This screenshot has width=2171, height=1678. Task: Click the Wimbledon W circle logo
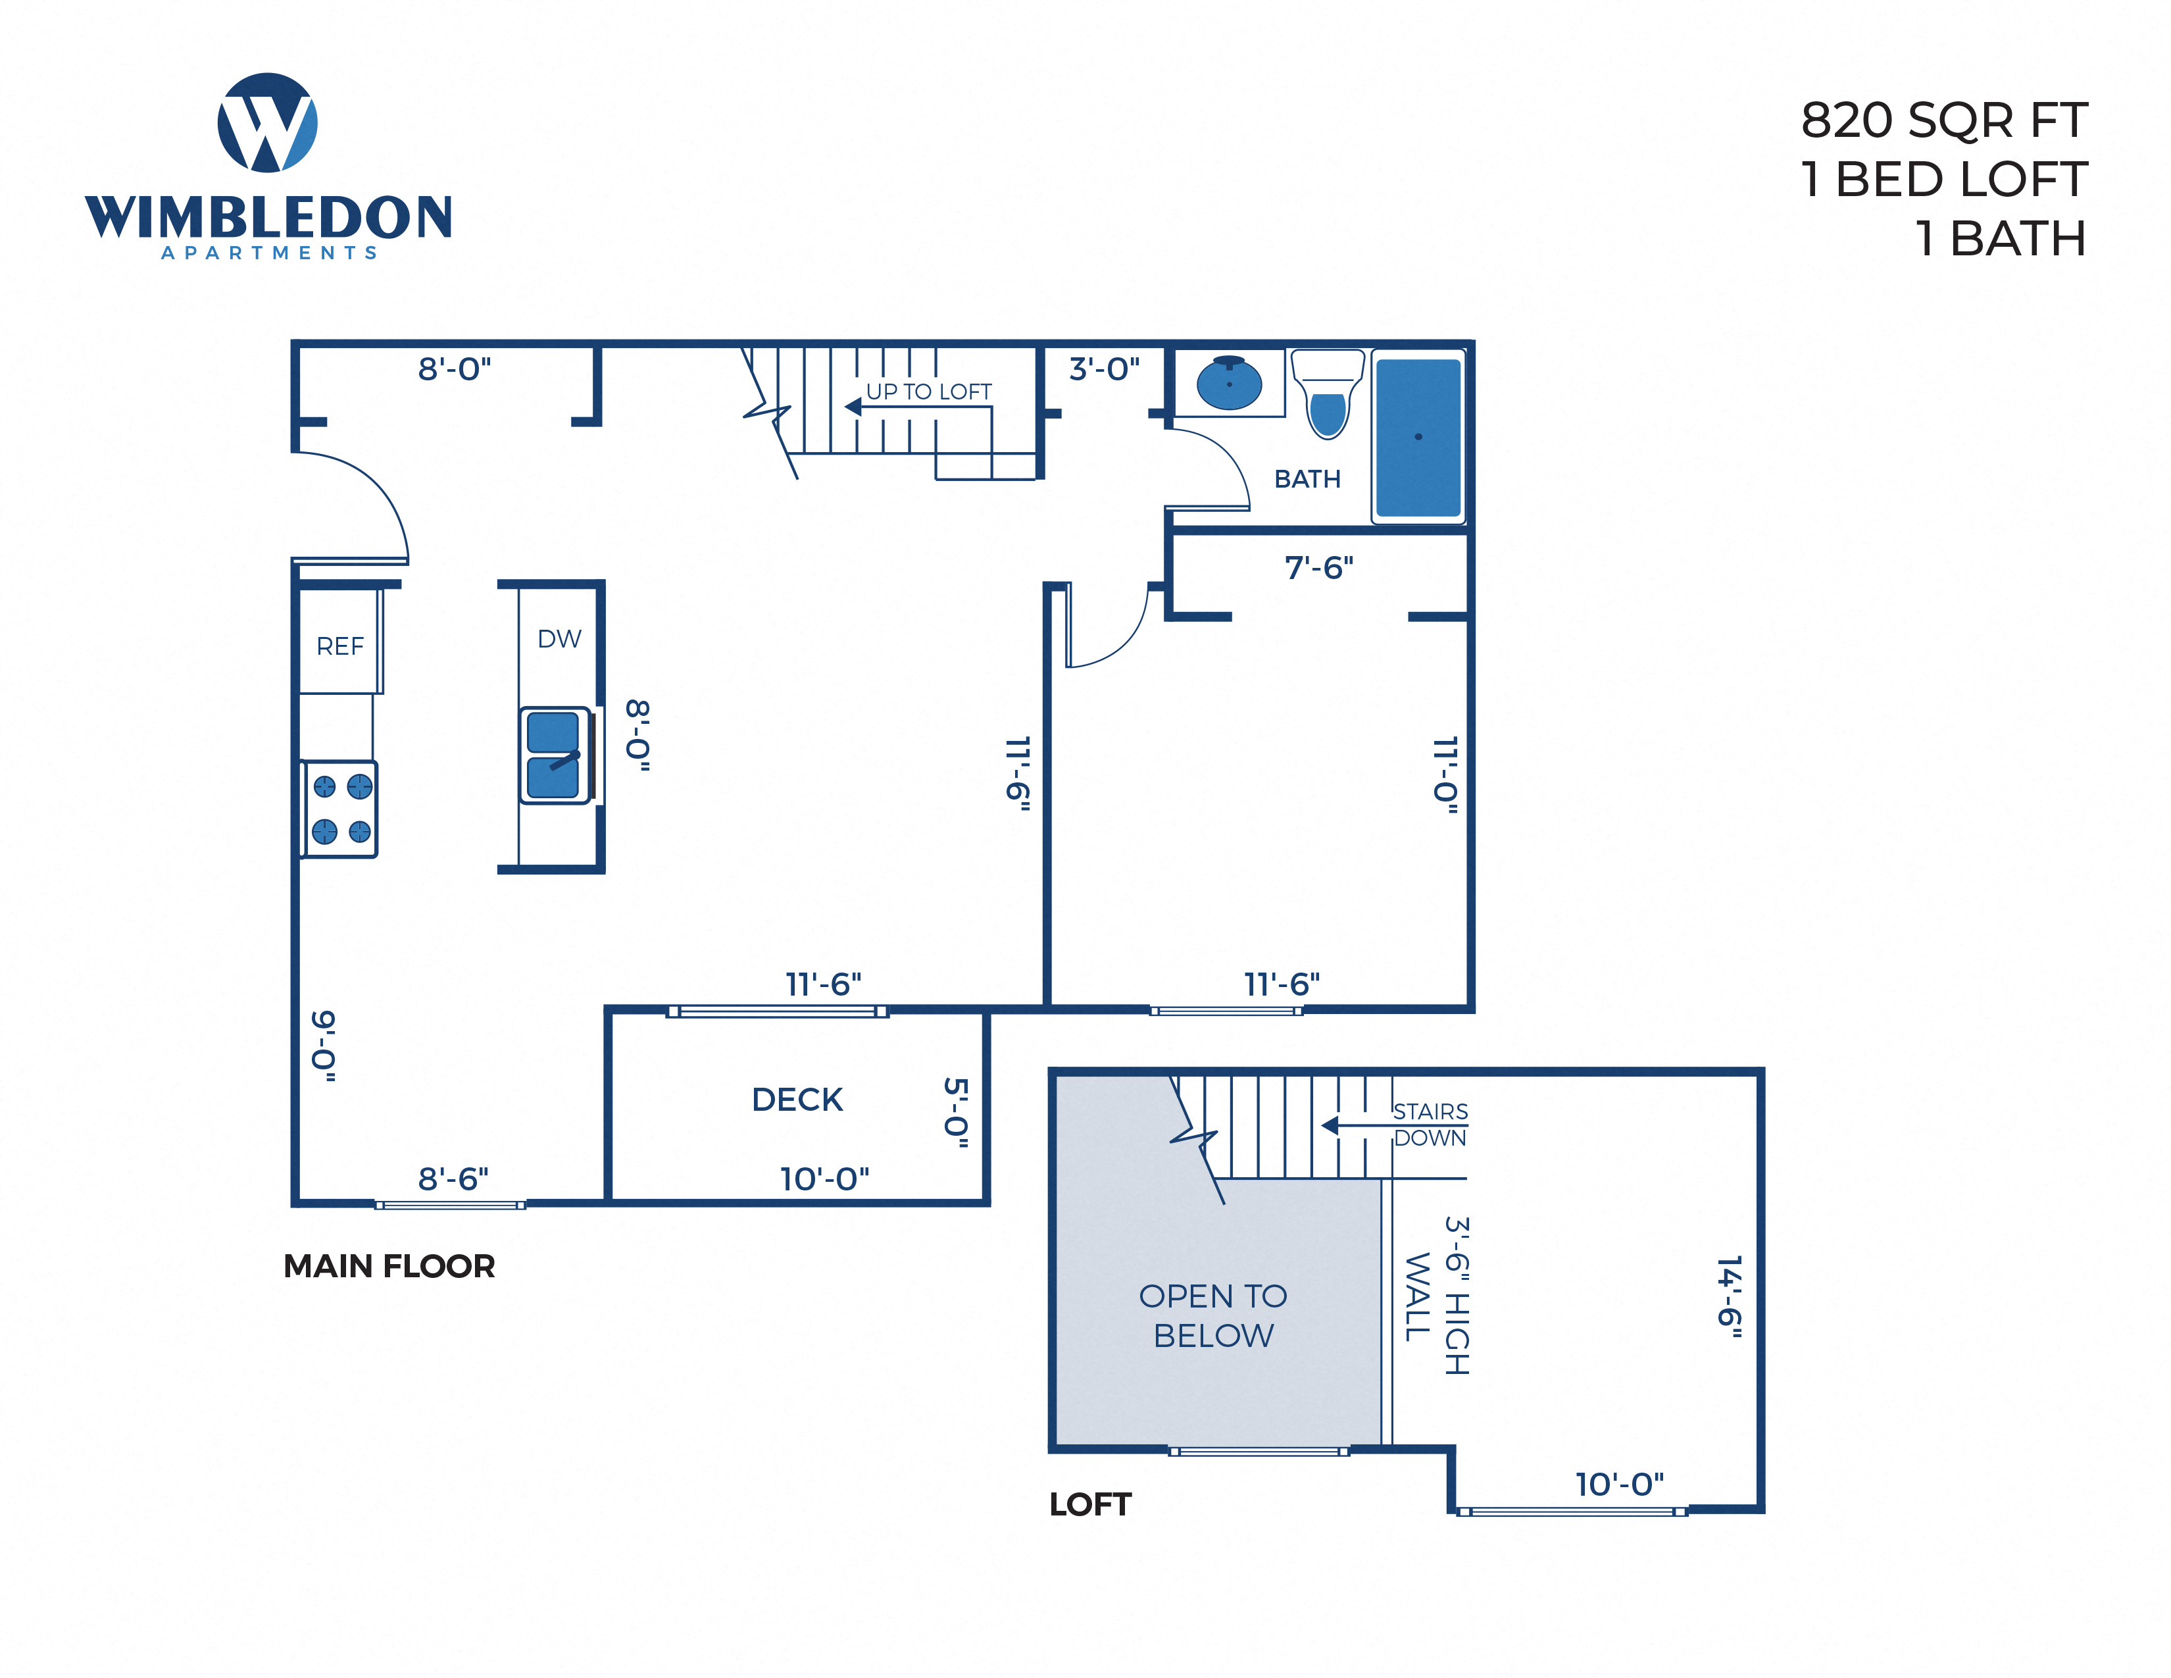tap(267, 122)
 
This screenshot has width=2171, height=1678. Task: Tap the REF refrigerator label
tap(340, 646)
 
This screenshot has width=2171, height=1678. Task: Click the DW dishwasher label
tap(559, 639)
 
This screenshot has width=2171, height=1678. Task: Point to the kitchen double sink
tap(554, 755)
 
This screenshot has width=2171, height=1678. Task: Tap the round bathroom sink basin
tap(1229, 383)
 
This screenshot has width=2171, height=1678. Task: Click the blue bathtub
tap(1418, 438)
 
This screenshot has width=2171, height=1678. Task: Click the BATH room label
tap(1307, 479)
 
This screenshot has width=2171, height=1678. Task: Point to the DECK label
tap(797, 1100)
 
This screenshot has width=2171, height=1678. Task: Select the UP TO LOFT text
tap(928, 392)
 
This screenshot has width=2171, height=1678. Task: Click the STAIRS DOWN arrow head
tap(1329, 1125)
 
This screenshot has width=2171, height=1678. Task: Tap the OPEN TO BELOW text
tap(1212, 1315)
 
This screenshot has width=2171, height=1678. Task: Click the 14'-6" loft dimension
tap(1730, 1296)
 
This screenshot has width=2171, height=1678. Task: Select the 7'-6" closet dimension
tap(1318, 568)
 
